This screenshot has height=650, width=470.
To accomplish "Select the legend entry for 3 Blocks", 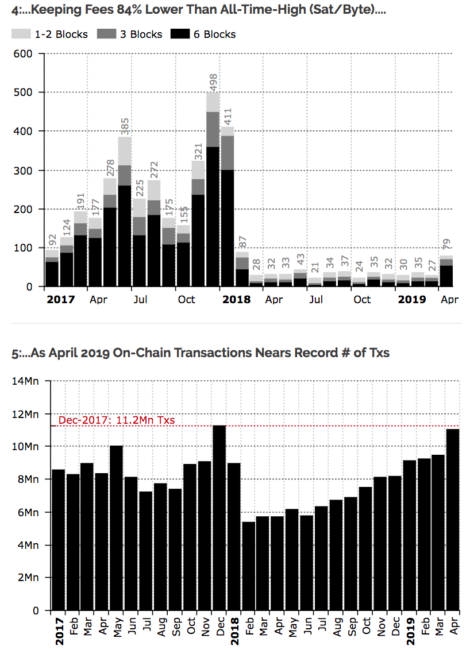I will pos(130,34).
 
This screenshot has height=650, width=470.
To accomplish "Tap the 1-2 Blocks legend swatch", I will pos(21,34).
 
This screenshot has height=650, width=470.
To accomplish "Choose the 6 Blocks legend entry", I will pos(203,34).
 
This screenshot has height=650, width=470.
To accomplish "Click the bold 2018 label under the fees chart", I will pos(236,300).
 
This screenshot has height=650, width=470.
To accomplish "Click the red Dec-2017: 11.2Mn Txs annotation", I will pos(117,420).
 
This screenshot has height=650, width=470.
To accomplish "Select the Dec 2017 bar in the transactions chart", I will pos(219,517).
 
